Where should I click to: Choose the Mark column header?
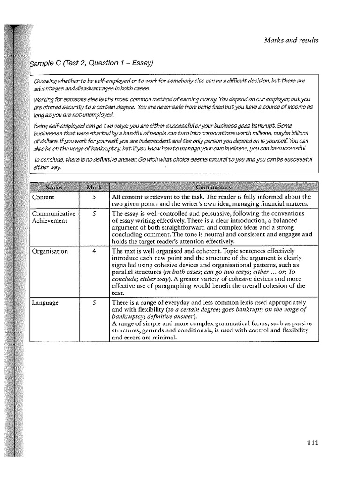(x=94, y=187)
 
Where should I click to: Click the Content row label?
(x=43, y=197)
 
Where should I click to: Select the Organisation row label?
(x=50, y=251)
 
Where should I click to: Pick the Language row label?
(x=45, y=303)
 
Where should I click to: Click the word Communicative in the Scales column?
(x=53, y=214)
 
